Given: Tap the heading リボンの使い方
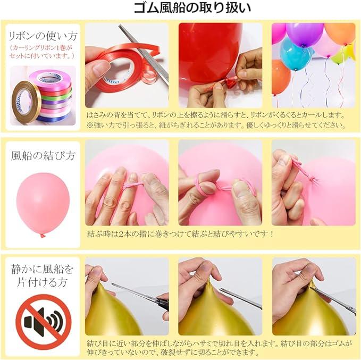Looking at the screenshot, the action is [x=43, y=36].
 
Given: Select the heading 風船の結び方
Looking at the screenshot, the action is [x=43, y=155].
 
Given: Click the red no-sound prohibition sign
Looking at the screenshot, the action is [x=44, y=322].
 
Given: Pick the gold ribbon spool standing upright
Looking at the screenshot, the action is [x=26, y=102].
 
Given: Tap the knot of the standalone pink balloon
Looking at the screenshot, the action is [x=43, y=235].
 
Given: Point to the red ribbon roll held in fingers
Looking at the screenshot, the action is [x=117, y=69].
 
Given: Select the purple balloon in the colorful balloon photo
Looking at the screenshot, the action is [x=304, y=34].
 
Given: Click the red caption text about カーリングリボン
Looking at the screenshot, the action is [x=42, y=52].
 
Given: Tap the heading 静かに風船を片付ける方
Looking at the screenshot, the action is [x=43, y=275].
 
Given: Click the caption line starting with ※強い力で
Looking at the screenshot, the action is [x=216, y=125].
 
